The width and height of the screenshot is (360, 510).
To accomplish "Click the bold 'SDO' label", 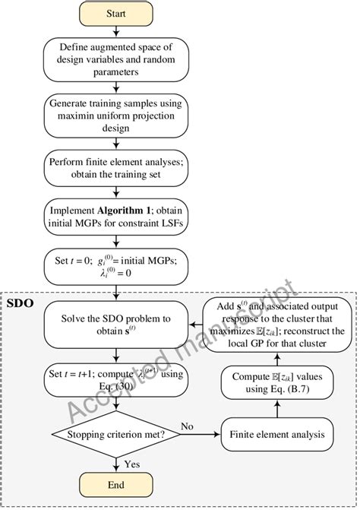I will (x=20, y=303).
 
